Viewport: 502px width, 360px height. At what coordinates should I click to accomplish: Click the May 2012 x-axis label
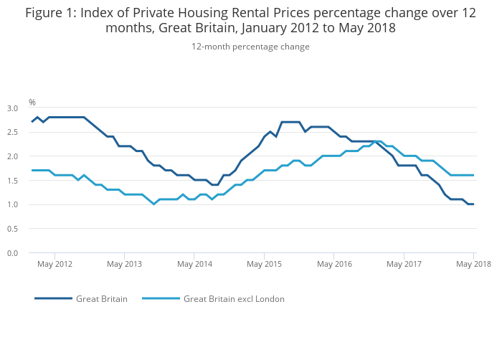55,265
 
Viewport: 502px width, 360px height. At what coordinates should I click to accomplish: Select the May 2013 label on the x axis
124,265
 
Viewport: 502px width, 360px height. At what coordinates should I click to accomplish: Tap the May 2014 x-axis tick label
194,265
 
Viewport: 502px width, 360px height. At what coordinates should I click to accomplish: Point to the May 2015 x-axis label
264,265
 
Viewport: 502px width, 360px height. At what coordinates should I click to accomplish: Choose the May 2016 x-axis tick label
334,265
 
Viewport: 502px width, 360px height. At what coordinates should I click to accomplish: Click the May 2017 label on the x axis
404,265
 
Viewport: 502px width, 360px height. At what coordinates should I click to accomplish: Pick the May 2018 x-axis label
473,265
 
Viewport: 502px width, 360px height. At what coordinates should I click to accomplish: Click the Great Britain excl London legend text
234,299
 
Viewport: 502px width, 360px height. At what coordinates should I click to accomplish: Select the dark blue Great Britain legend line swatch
53,299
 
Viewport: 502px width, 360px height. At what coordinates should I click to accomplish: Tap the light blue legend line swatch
161,299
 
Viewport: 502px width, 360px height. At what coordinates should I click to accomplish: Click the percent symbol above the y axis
32,103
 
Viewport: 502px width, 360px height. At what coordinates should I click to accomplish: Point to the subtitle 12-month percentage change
250,47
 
